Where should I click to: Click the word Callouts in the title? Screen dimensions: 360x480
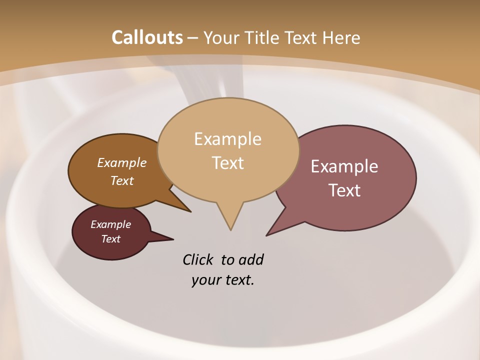[147, 37]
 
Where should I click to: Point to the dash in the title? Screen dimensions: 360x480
[193, 38]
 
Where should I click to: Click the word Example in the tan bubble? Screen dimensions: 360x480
[227, 139]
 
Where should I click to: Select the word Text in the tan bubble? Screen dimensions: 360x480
[227, 163]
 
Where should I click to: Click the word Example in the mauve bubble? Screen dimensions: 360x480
[344, 166]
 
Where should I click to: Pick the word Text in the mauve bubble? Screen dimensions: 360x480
[344, 190]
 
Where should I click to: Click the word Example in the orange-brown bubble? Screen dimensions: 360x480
[122, 163]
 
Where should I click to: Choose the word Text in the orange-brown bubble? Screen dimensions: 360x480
[122, 180]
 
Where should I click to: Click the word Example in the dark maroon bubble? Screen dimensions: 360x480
[111, 224]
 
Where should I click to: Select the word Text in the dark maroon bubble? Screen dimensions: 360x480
[111, 239]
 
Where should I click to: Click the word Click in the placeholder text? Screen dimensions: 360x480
[198, 260]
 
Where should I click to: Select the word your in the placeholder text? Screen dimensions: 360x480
[205, 280]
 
